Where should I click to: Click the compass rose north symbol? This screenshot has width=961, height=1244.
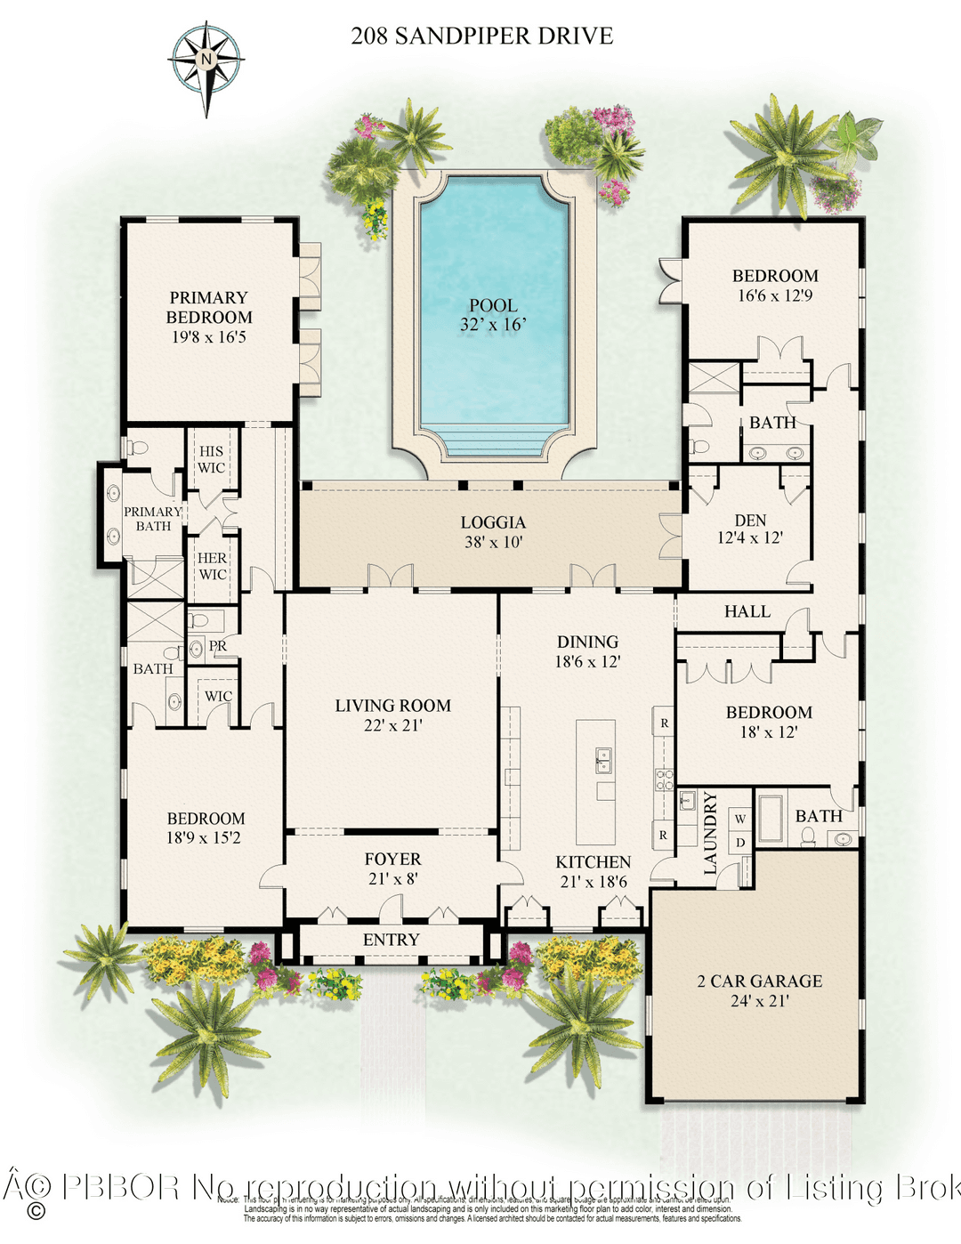click(x=206, y=61)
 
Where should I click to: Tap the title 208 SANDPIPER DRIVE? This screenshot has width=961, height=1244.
click(x=481, y=36)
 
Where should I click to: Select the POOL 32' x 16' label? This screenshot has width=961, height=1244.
click(x=493, y=315)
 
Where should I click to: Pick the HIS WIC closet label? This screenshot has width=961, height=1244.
click(x=211, y=459)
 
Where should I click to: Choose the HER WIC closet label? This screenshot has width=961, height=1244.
click(x=212, y=566)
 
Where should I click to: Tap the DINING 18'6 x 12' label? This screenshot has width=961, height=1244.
click(x=587, y=651)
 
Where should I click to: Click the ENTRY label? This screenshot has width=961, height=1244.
click(x=391, y=940)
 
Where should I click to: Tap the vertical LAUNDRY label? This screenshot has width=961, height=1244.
click(x=710, y=833)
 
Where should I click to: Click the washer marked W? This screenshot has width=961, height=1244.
click(x=740, y=819)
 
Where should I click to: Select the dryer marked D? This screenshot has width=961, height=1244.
click(x=740, y=843)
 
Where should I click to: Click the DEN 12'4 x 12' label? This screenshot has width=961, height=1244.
click(x=750, y=529)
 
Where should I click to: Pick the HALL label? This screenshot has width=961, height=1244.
click(x=747, y=611)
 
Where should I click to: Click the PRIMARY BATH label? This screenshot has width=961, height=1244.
click(x=152, y=519)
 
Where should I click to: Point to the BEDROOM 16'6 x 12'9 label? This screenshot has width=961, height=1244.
click(x=774, y=286)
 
